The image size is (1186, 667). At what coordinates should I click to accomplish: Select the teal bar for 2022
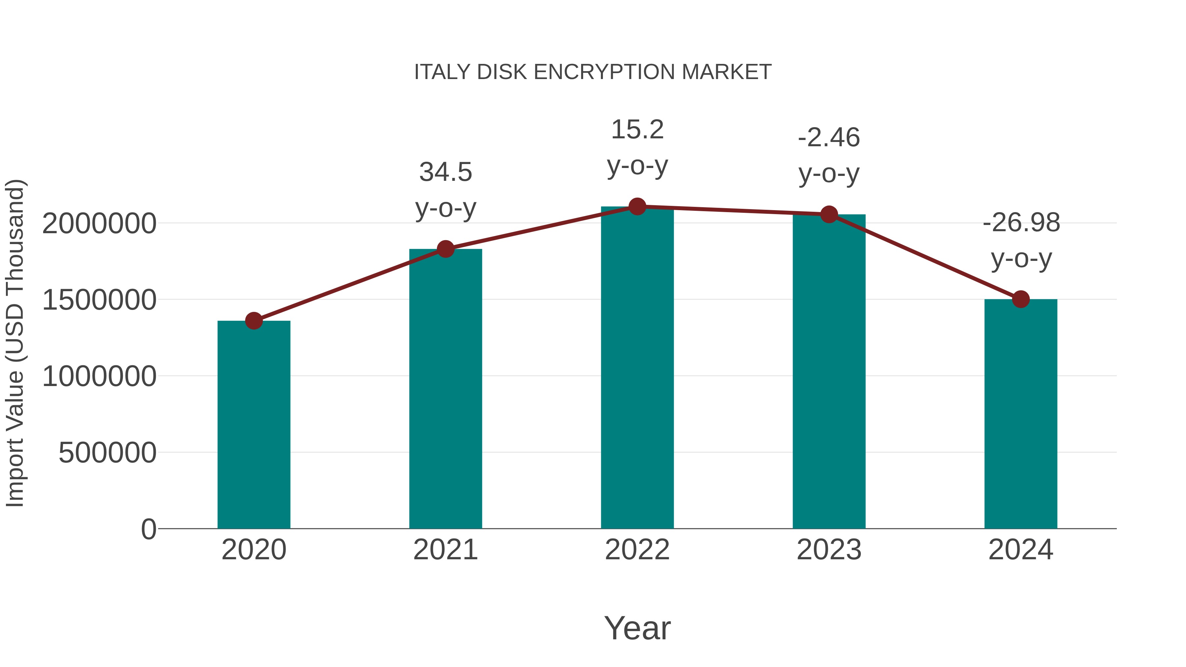click(x=637, y=368)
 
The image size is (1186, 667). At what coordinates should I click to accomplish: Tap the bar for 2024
click(x=1021, y=414)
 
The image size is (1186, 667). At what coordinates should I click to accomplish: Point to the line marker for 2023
click(x=829, y=214)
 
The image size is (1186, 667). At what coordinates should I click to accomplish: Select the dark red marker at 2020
click(x=254, y=321)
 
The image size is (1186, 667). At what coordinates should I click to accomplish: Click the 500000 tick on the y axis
click(x=107, y=453)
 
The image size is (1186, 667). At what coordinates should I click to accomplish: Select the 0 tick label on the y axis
click(x=149, y=529)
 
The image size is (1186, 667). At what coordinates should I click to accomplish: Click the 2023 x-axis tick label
click(x=829, y=550)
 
